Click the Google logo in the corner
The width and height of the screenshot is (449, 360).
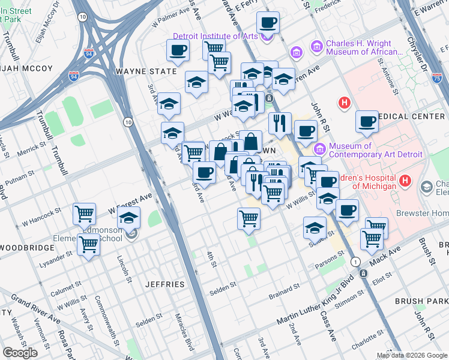[x=20, y=352]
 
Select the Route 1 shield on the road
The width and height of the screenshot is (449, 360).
[x=355, y=262]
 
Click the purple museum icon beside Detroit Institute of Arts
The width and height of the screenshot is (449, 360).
[x=268, y=36]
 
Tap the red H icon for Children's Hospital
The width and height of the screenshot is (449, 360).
[x=406, y=179]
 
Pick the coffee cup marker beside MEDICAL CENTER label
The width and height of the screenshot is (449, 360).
[x=367, y=122]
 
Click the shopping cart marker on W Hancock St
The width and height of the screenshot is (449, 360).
[x=85, y=214]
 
